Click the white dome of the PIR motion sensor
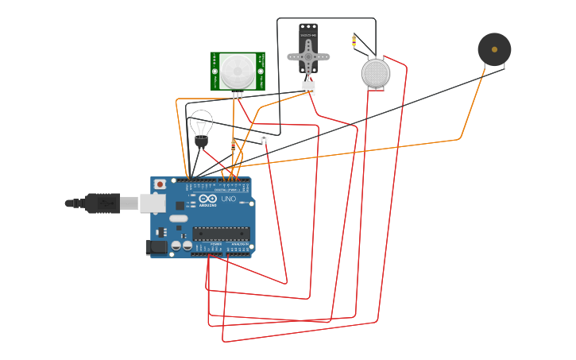237,72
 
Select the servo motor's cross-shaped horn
308,56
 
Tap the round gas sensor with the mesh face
376,73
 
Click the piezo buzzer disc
494,49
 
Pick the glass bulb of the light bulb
201,123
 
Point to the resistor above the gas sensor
354,41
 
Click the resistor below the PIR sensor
233,146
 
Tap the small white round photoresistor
264,138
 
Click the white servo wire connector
308,88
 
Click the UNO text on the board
228,199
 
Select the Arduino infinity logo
208,199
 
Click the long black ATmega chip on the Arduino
221,234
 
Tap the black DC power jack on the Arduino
157,247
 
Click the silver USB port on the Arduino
153,203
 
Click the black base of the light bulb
201,141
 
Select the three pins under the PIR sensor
238,95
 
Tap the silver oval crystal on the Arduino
179,218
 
